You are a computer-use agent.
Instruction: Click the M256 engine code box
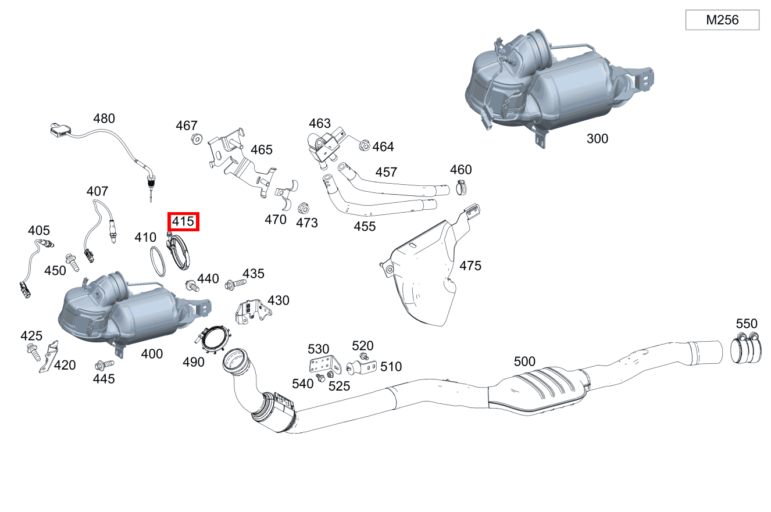[x=722, y=20]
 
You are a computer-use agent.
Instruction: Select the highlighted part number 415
[x=183, y=221]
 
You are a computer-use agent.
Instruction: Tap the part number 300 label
[x=597, y=138]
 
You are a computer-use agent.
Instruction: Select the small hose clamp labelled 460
[x=462, y=188]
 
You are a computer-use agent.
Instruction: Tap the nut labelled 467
[x=197, y=139]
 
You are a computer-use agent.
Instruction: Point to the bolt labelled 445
[x=105, y=365]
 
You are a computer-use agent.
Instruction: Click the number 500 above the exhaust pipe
[x=524, y=361]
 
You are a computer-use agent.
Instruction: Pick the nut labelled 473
[x=302, y=208]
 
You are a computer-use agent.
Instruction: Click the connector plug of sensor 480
[x=58, y=130]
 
